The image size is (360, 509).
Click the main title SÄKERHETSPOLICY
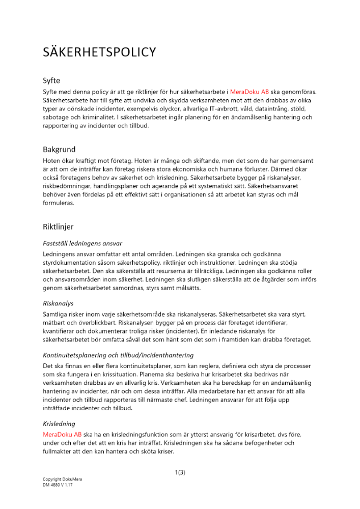click(99, 52)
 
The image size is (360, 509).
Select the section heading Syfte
click(52, 80)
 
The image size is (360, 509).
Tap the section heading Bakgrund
click(59, 149)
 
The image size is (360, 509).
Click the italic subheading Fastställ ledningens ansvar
click(82, 243)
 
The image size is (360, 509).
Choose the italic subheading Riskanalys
click(59, 303)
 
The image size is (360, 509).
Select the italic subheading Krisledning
click(59, 423)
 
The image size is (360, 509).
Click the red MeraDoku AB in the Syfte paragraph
click(250, 92)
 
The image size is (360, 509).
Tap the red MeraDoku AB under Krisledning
click(62, 435)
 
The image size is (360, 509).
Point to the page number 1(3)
click(180, 472)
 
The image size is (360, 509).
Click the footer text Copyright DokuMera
click(62, 479)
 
